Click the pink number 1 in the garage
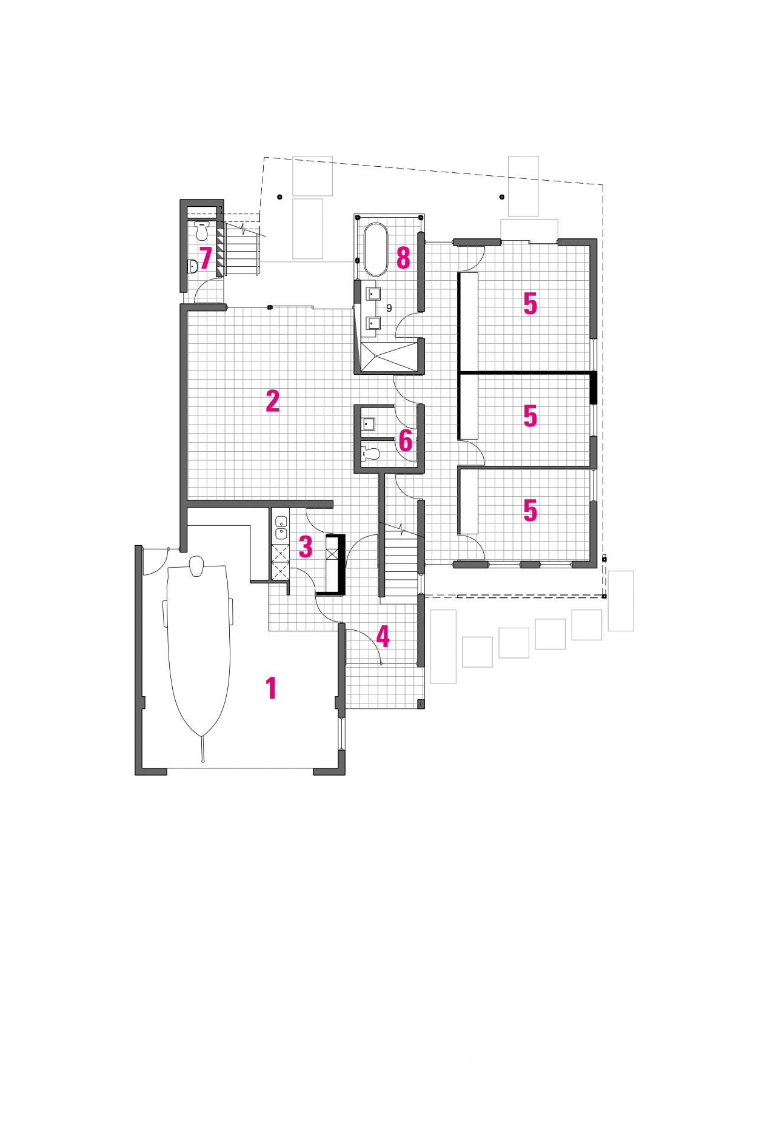point(271,688)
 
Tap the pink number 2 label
point(273,401)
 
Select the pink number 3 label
point(306,546)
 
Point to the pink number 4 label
point(383,636)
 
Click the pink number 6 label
point(405,441)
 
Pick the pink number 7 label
point(206,258)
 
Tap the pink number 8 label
point(403,258)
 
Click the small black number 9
point(389,308)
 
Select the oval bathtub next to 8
point(376,249)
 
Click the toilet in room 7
point(202,230)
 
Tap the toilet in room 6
point(370,453)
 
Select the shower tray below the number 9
point(389,356)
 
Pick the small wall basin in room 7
point(193,266)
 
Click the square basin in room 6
point(369,423)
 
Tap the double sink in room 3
point(281,528)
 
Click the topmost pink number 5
point(530,303)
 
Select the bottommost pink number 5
point(530,510)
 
